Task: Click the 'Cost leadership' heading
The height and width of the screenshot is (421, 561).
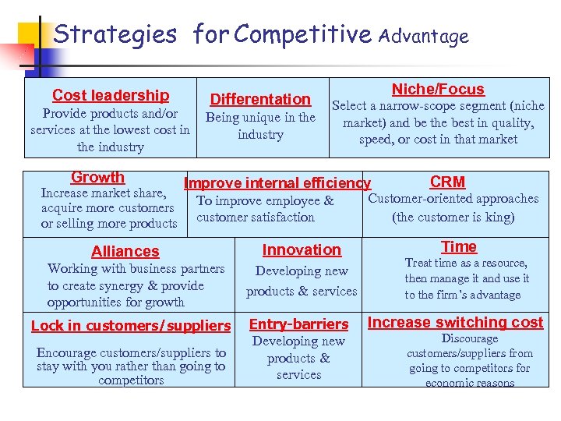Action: (111, 95)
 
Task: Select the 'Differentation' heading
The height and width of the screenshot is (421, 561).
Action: (260, 99)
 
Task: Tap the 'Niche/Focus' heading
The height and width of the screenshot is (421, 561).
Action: (437, 90)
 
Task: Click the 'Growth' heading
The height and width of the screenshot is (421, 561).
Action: (97, 178)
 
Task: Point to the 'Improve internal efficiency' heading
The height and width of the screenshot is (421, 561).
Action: (277, 183)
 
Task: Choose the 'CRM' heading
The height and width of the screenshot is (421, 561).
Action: (447, 182)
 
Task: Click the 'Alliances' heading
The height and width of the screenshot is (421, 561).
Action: (125, 251)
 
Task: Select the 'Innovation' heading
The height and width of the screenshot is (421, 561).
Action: (302, 249)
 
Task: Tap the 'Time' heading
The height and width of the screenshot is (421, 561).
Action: (459, 246)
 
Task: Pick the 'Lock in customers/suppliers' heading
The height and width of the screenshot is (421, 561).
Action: (131, 325)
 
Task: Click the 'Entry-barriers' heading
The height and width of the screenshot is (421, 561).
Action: (298, 324)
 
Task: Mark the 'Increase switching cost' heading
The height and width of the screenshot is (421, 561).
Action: (455, 322)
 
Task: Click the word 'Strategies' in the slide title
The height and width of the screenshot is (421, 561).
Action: (115, 34)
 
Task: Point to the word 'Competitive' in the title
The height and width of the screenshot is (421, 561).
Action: (302, 34)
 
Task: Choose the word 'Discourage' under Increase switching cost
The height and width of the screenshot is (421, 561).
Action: (469, 338)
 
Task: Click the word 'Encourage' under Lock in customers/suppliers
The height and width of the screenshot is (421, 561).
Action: (66, 352)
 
